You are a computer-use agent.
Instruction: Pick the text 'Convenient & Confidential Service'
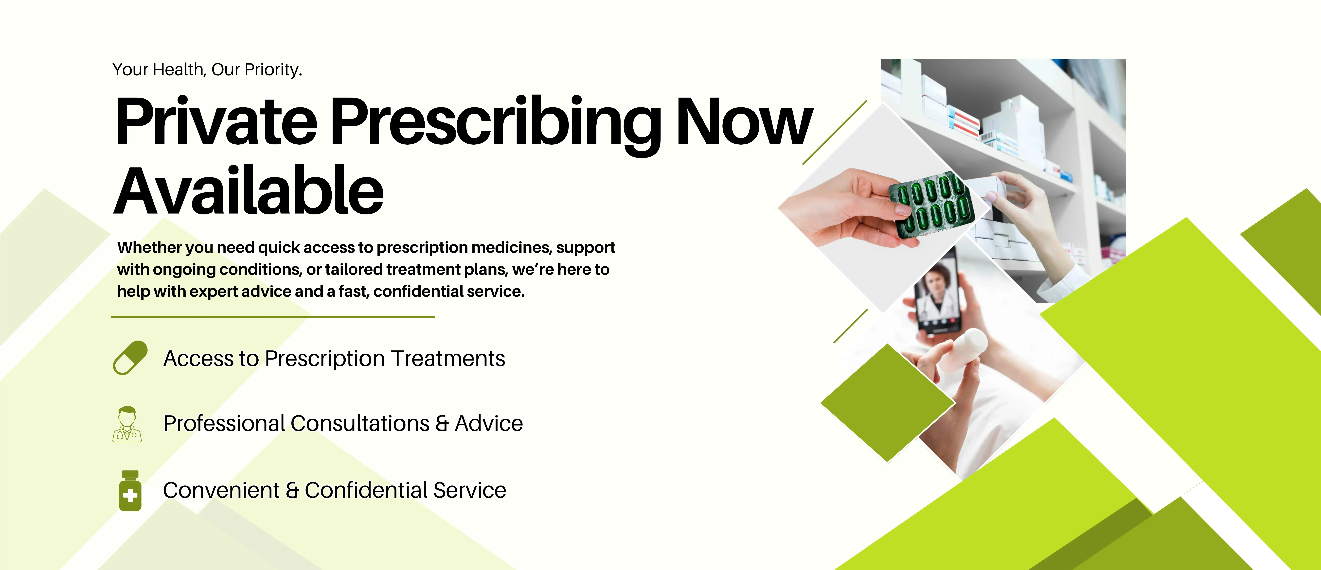[x=334, y=490]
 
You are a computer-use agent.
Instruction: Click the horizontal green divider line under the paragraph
[x=273, y=317]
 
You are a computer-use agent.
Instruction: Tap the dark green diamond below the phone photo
[x=888, y=403]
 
